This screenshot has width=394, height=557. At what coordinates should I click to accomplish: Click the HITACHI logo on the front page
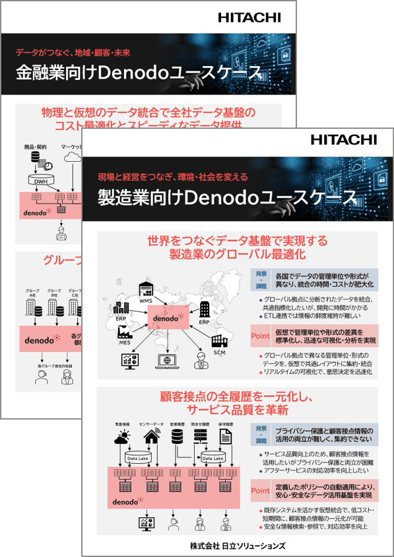(x=343, y=139)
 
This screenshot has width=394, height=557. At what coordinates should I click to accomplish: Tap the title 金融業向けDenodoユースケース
(x=138, y=72)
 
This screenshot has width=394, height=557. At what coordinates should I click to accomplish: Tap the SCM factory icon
(x=219, y=340)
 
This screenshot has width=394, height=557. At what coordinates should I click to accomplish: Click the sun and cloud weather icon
(x=123, y=436)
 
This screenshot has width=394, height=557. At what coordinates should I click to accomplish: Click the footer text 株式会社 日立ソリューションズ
(x=237, y=545)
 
